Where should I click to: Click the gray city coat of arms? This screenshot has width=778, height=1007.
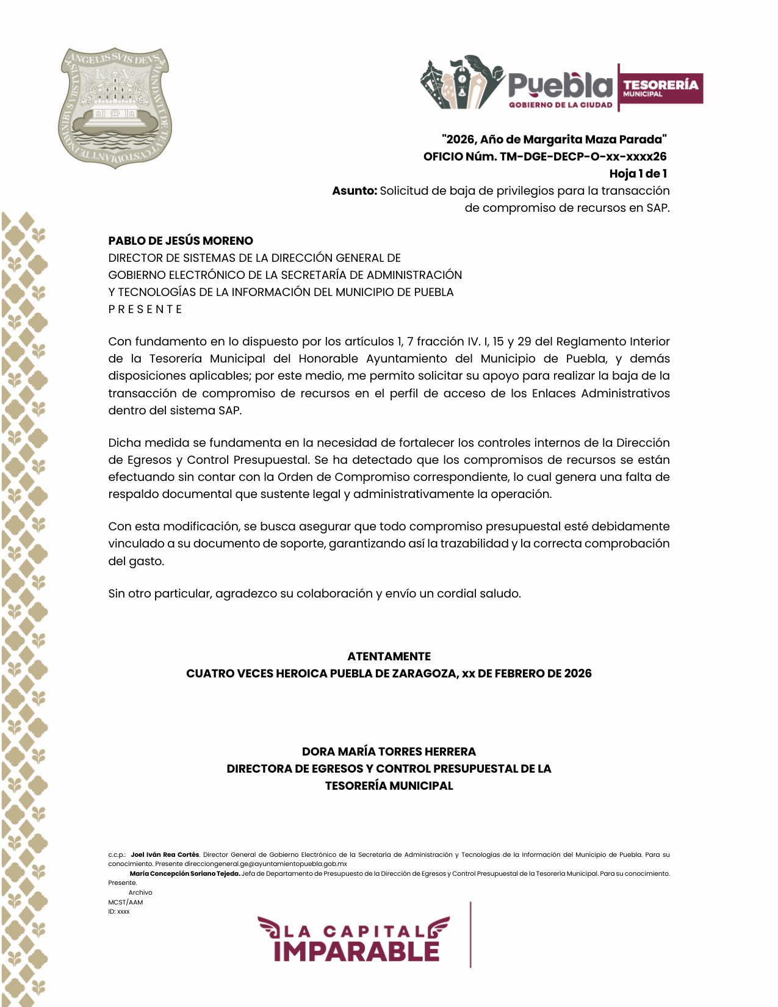[115, 107]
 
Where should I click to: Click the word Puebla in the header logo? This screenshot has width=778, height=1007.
[560, 85]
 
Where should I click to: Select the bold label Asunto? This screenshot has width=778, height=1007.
[355, 191]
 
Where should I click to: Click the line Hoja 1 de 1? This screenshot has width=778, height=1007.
[638, 174]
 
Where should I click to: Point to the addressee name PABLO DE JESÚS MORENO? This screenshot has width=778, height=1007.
[181, 241]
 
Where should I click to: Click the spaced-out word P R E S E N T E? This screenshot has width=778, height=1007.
[145, 309]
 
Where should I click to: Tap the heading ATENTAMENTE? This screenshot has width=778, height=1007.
[389, 657]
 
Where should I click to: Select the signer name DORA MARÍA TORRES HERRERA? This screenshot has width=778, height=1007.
[389, 752]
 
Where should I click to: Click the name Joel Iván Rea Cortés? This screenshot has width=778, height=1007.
[165, 855]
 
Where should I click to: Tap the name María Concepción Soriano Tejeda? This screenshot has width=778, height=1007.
[185, 874]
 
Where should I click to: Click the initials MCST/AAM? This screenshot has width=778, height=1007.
[126, 903]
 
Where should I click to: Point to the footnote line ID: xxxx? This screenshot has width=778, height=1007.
[119, 912]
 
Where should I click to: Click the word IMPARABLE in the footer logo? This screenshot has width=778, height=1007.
[356, 951]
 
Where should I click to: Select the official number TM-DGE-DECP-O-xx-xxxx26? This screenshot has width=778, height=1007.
[583, 157]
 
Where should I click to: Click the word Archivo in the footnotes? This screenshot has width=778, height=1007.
[140, 893]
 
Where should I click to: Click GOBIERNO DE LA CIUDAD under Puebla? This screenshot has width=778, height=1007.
[560, 105]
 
